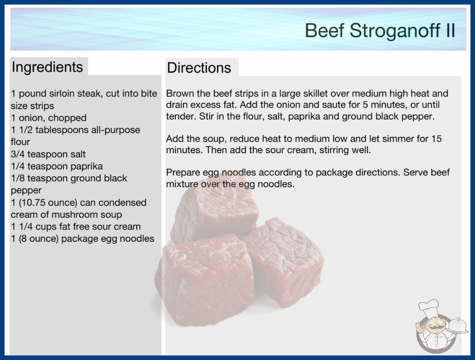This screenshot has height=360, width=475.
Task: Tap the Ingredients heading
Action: (x=47, y=67)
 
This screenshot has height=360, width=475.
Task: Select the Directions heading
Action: (x=199, y=68)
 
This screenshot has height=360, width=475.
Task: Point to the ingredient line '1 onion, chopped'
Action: (x=49, y=118)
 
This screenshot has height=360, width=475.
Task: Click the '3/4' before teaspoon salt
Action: (x=18, y=154)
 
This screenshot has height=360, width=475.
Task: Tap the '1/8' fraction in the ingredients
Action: (x=18, y=178)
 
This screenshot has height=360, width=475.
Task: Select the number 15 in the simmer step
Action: (x=436, y=139)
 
